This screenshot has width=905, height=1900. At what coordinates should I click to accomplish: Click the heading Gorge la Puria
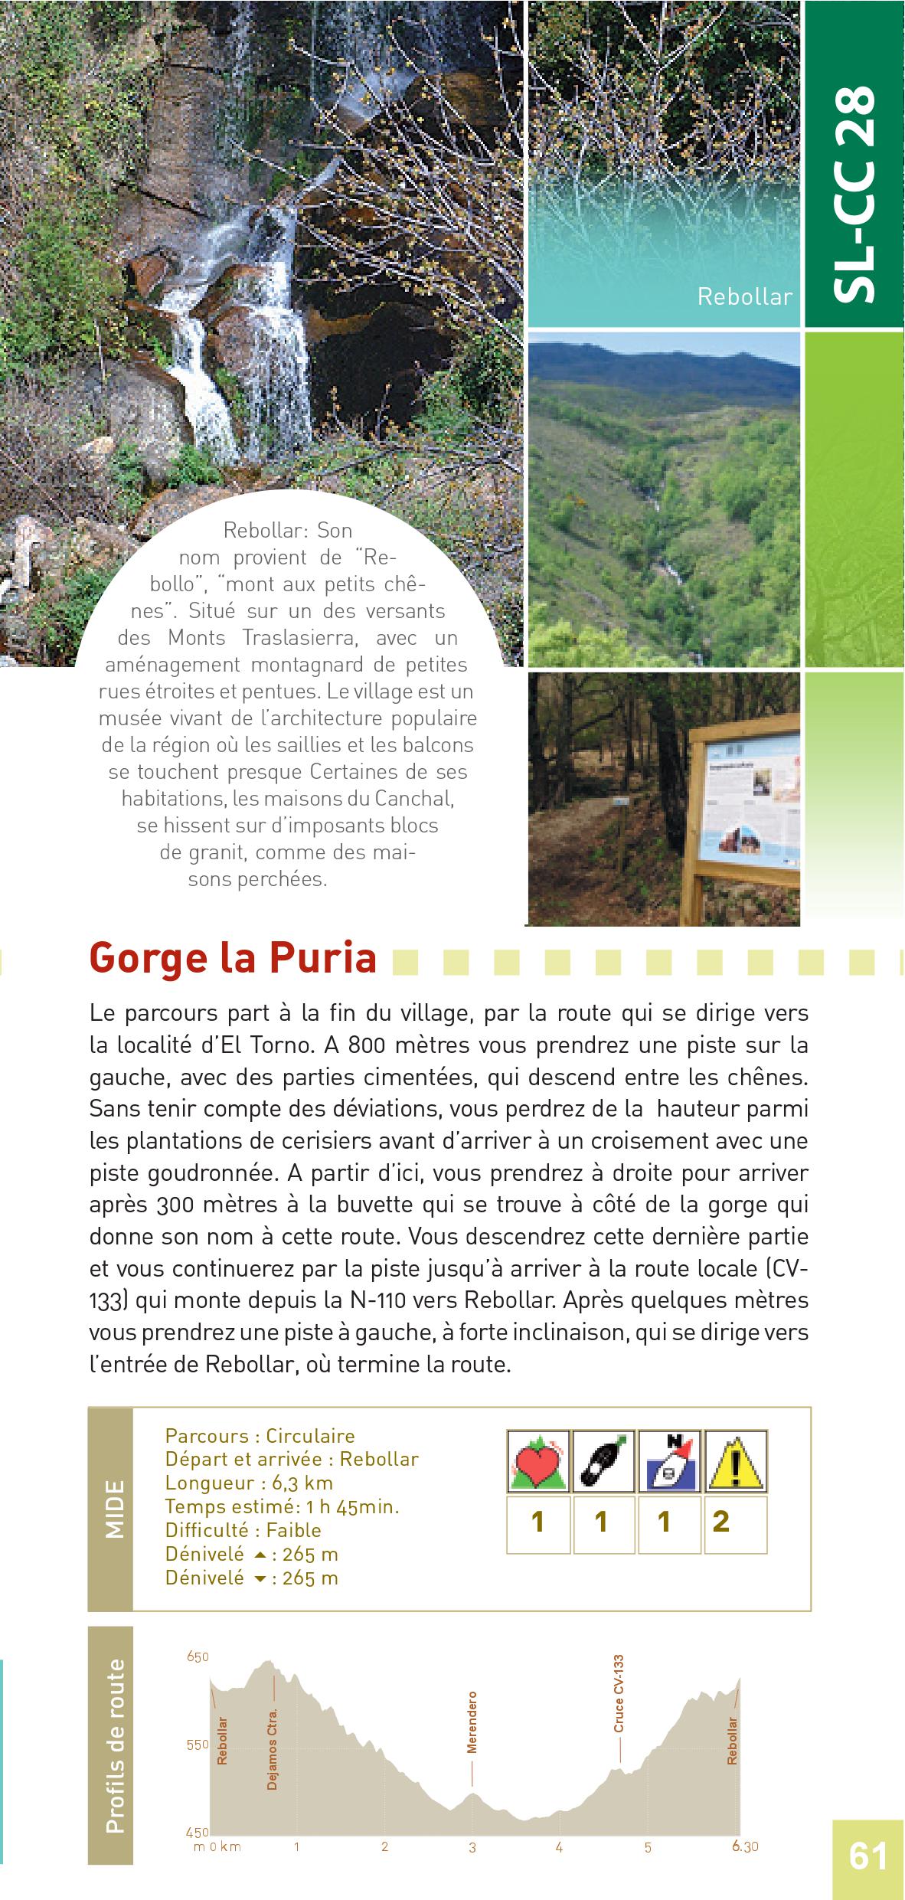233,958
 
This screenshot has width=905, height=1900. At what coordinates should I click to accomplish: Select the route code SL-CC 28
854,192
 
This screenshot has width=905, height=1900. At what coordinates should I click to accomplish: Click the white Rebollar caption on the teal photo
744,297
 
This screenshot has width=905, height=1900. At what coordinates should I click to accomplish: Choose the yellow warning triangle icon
735,1460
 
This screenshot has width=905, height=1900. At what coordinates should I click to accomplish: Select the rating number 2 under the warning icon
720,1522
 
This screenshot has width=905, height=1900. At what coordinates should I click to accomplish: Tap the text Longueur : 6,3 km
249,1483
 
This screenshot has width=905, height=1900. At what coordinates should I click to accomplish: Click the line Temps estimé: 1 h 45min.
282,1506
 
